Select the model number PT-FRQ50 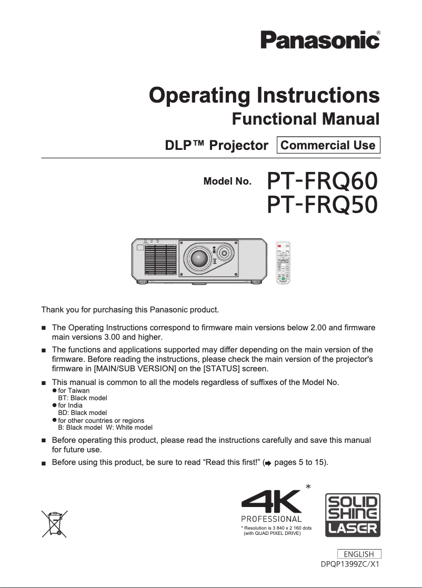tap(322, 205)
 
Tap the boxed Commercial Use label tap(328, 145)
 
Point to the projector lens tap(200, 259)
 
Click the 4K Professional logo tap(272, 506)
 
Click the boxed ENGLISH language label tap(359, 554)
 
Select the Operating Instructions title tap(264, 96)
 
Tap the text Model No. tap(227, 182)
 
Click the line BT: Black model tap(82, 398)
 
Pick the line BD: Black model tap(83, 413)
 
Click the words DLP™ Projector tap(216, 145)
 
